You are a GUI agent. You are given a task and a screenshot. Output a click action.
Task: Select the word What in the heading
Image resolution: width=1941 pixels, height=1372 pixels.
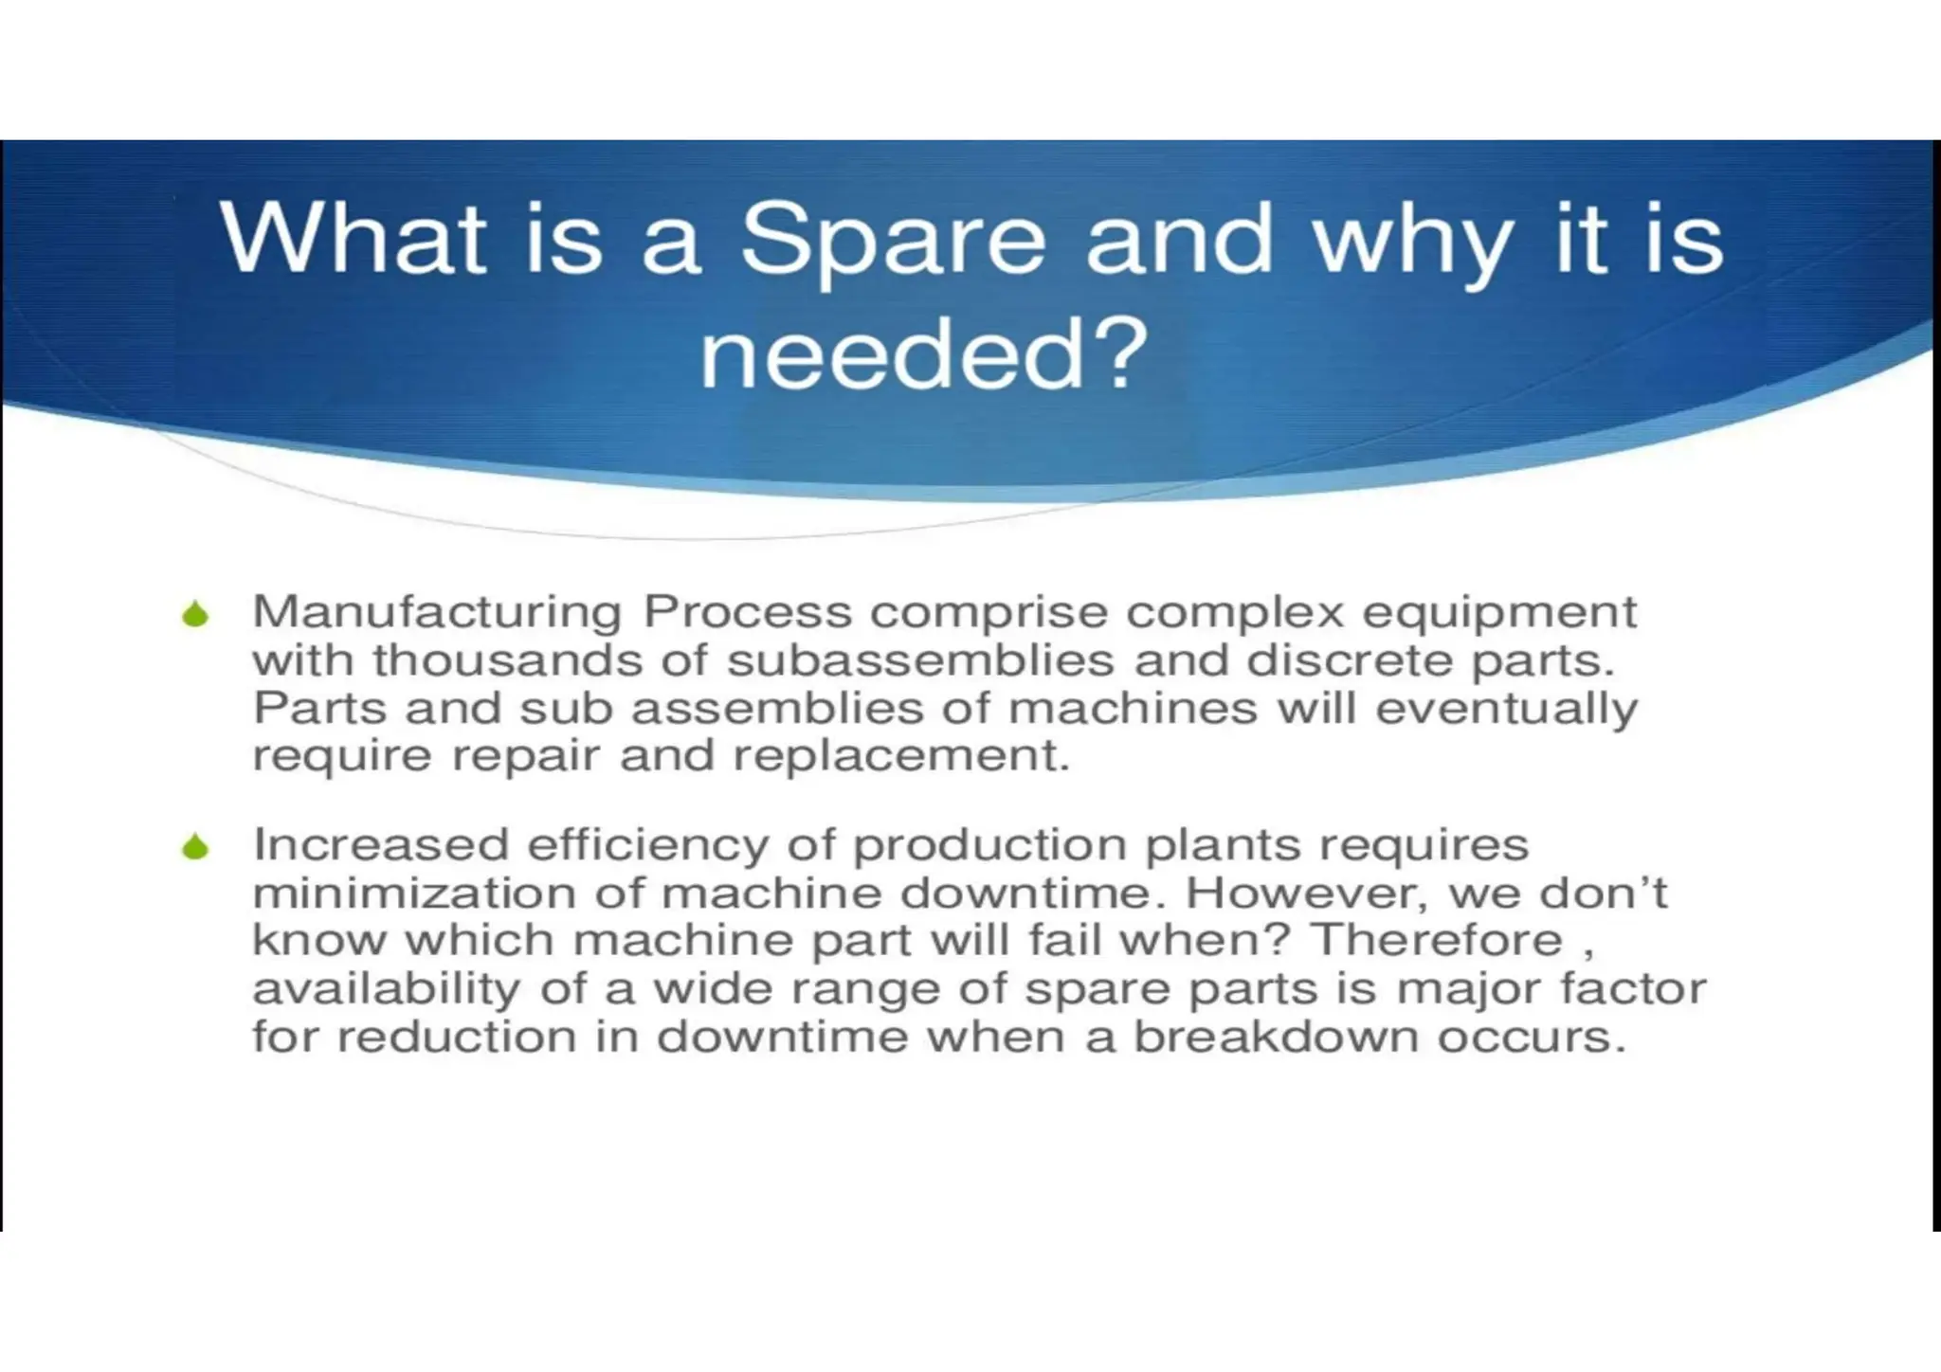click(353, 239)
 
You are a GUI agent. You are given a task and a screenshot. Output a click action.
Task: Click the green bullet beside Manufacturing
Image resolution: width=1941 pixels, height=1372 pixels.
click(195, 615)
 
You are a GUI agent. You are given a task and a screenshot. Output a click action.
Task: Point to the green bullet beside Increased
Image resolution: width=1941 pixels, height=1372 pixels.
click(195, 846)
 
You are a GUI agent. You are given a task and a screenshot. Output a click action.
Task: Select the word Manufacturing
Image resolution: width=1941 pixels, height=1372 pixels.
click(437, 612)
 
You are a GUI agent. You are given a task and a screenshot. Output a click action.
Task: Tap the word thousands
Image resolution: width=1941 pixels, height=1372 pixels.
click(507, 660)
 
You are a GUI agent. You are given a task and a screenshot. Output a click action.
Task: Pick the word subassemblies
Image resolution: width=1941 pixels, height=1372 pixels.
click(920, 660)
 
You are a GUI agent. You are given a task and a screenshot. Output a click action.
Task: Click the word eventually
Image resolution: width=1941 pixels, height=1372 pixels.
click(1506, 710)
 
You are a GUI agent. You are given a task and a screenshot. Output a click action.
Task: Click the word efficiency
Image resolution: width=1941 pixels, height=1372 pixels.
click(648, 845)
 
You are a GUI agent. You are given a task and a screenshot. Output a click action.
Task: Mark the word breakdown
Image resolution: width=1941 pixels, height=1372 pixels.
click(1276, 1037)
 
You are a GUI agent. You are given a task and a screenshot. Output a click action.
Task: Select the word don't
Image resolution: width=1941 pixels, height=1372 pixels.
click(1603, 893)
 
